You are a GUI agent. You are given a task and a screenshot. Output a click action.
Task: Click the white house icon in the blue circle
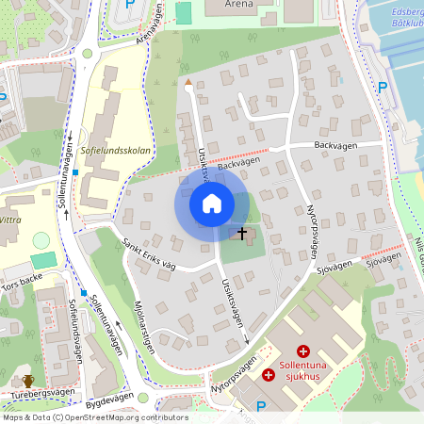[x=212, y=204]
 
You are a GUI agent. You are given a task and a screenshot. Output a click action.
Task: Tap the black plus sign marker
[x=241, y=232]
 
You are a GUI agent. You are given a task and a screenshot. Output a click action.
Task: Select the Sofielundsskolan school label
[x=118, y=149]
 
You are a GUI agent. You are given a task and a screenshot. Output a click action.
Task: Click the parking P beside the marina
[x=383, y=87]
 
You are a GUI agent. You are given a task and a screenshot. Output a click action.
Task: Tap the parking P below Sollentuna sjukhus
[x=261, y=405]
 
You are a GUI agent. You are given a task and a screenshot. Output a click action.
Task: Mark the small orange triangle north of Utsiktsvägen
[x=188, y=83]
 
